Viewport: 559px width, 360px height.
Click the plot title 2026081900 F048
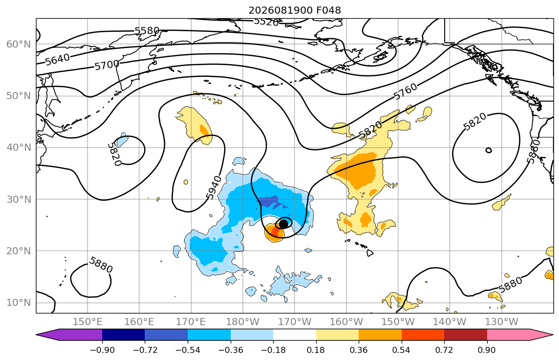click(294, 10)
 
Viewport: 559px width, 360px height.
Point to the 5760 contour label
click(405, 91)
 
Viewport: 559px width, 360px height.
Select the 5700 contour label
click(107, 65)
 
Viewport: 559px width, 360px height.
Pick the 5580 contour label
click(147, 31)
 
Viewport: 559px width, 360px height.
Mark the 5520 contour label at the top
click(266, 22)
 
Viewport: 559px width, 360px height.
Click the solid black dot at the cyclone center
click(283, 224)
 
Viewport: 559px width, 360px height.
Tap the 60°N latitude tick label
click(19, 44)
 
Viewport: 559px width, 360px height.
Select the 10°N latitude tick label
click(19, 303)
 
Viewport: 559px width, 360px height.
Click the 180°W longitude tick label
click(243, 322)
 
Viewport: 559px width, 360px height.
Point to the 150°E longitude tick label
click(88, 322)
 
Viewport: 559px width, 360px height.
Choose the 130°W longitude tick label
click(502, 322)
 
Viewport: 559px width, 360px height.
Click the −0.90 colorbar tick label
click(102, 350)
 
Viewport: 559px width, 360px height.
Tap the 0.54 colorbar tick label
click(402, 350)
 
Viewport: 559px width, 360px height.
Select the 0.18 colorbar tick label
click(316, 350)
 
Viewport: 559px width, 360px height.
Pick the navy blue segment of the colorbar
click(123, 335)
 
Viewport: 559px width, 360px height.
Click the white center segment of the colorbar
click(294, 335)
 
